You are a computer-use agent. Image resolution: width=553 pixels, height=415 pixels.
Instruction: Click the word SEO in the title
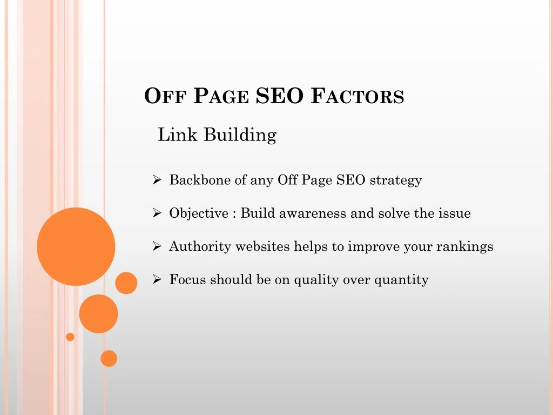coord(279,96)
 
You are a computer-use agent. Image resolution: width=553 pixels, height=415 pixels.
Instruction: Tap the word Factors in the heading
coord(358,96)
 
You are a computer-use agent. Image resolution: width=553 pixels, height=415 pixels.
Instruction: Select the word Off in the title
coord(165,96)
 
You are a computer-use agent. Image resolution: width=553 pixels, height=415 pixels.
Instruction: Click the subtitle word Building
coord(240,135)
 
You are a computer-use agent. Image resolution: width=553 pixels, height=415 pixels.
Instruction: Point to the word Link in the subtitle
coord(177,135)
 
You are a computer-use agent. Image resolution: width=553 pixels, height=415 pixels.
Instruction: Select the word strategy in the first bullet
coord(396,180)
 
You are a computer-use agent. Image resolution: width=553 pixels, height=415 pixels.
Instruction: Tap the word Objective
coord(199,213)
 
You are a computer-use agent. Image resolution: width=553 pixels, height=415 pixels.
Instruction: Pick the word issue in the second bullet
coord(455,213)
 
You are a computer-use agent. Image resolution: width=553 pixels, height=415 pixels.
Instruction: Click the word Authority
coord(200,246)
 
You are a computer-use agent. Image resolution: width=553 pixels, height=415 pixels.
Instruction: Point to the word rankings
coord(465,247)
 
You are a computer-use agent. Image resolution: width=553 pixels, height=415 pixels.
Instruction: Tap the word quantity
coord(401,280)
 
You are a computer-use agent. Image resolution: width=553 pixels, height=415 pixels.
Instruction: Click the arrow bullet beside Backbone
coord(157,180)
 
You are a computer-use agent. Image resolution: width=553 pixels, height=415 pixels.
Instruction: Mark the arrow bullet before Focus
coord(157,279)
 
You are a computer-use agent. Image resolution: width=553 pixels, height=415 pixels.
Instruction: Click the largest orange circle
coord(76,246)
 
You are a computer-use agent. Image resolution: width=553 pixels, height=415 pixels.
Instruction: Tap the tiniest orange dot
coord(70,337)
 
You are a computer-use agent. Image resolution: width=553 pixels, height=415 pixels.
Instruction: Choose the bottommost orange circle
coord(109,359)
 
